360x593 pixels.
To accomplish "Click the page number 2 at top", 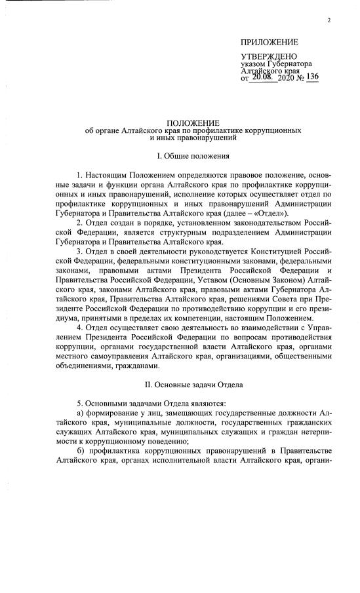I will (x=329, y=20).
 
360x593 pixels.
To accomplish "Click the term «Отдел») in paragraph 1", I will (x=269, y=213).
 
